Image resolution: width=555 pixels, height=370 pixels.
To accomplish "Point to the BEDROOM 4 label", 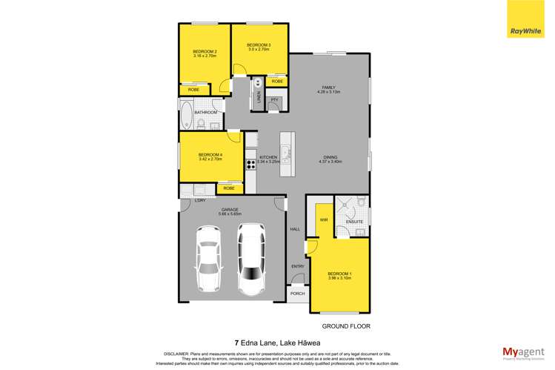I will point(210,156).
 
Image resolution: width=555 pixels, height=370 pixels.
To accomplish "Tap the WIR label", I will point(324,220).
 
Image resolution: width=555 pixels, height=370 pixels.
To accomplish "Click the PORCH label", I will point(297,294).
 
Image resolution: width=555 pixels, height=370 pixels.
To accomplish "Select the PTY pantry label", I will point(274,99).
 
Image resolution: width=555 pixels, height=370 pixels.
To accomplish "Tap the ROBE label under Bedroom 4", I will point(230,189).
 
